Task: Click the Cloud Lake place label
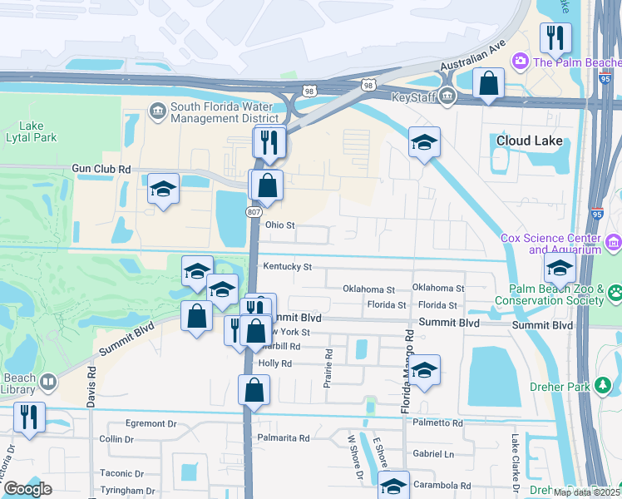529,141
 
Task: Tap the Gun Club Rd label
101,169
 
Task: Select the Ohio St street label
280,225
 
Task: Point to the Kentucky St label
287,267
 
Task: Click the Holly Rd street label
275,363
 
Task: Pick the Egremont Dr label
151,423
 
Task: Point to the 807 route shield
254,213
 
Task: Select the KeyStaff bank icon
447,96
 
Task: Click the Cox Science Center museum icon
614,243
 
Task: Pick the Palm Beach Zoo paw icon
615,292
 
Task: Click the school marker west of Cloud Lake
424,142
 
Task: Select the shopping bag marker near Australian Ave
488,83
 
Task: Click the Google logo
27,489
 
